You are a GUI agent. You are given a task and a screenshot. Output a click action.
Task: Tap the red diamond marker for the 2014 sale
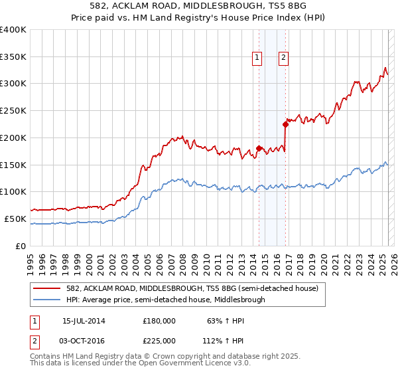(x=259, y=148)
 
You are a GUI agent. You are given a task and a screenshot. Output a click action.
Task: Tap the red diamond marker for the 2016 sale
(x=285, y=124)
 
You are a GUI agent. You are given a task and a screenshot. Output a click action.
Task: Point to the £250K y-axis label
(x=13, y=111)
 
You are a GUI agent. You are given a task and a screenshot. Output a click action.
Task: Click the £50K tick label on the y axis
(x=15, y=219)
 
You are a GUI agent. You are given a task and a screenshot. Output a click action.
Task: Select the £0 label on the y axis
(x=21, y=246)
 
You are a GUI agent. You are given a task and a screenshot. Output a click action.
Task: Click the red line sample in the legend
(x=47, y=288)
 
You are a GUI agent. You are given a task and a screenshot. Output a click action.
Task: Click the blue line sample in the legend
(x=47, y=300)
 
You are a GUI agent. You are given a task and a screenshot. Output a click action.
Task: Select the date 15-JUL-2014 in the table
(x=84, y=321)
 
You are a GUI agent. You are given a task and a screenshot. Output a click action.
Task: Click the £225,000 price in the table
(x=159, y=341)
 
